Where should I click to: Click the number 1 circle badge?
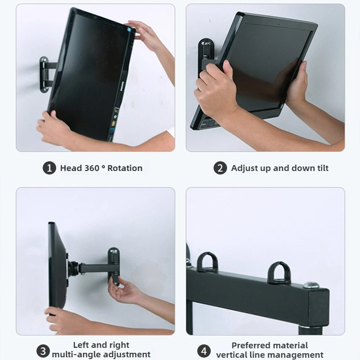point(49,168)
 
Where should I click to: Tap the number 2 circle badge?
point(220,168)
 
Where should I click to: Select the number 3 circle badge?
point(43,351)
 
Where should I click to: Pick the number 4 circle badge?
point(204,351)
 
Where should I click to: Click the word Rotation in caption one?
point(125,168)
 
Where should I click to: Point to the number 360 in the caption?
point(92,168)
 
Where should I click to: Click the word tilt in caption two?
point(323,168)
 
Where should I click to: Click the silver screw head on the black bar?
point(311,285)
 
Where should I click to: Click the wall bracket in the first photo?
point(45,74)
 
